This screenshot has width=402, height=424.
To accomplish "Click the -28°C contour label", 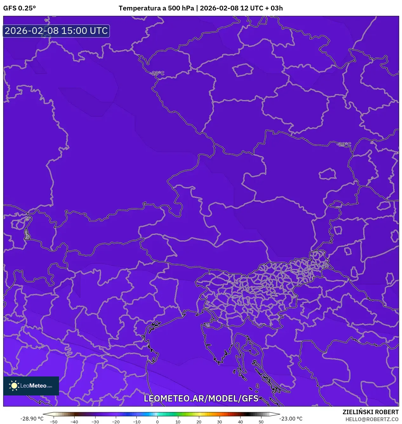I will coord(158,73).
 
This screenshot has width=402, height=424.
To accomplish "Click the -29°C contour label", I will coord(344,144).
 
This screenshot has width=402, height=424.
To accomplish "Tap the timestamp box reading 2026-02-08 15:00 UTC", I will coord(56,31).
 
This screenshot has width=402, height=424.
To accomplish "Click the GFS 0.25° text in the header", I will coord(19,8).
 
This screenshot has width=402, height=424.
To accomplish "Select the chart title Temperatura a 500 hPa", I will coord(156,8).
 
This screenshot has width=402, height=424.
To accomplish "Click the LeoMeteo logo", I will coord(31,386).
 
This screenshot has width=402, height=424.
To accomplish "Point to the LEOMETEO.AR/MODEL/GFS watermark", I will coord(201,398).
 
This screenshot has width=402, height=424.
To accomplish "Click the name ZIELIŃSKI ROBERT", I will coord(371,412).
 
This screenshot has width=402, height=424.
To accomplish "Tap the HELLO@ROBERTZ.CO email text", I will coord(372,419).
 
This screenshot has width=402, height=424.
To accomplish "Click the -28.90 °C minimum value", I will coord(32,419).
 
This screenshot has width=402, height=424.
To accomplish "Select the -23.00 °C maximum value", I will coord(291,419).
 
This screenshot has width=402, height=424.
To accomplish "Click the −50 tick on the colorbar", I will coord(54,422).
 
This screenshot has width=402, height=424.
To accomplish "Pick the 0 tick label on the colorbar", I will coord(157,422).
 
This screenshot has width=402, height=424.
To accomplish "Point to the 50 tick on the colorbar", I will coord(261,422).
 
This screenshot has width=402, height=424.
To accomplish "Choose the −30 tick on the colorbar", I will coord(95,422).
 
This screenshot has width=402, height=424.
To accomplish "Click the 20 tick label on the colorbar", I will coord(199,422).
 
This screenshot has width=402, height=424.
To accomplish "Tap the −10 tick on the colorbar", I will coord(136,422).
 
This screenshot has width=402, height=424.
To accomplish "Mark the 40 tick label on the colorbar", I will coord(240,422).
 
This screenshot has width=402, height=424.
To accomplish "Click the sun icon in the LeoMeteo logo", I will coord(14,386).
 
